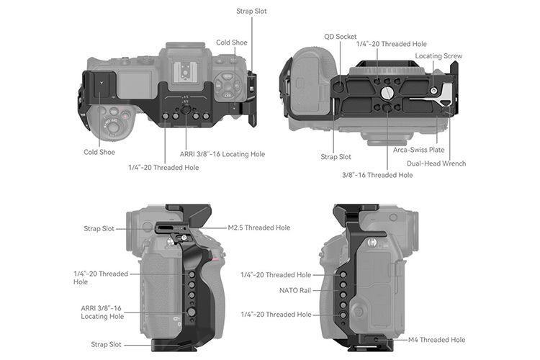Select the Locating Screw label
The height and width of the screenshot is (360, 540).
point(438,55)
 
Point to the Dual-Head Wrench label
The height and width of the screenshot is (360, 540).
point(436,163)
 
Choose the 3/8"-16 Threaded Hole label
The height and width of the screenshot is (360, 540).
point(377,174)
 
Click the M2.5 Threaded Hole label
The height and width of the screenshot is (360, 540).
point(258,228)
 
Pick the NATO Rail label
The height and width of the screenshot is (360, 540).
point(294,290)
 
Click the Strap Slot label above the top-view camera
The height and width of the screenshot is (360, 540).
point(251,12)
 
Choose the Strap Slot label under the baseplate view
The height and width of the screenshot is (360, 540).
point(336,156)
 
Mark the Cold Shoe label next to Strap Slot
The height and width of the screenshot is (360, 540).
point(232,42)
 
